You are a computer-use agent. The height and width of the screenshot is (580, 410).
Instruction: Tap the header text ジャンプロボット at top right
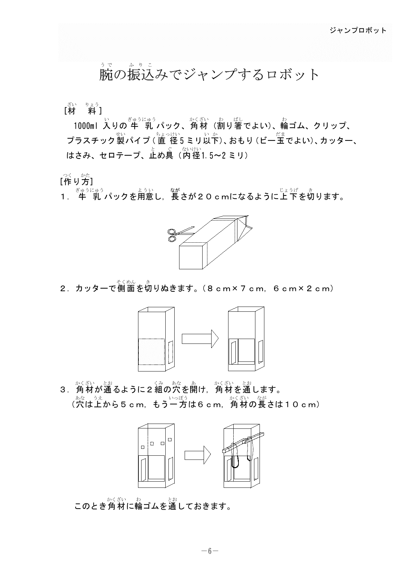tap(358, 30)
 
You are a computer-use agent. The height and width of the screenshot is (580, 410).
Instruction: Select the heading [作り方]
tap(77, 181)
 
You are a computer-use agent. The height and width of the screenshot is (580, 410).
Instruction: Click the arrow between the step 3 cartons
tap(197, 455)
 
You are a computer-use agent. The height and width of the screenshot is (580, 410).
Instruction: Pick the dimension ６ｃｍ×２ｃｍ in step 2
tap(302, 288)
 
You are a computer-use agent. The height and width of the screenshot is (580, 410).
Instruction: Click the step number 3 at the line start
tap(63, 390)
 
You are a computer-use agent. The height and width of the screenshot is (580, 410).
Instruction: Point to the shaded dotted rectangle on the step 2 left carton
tap(151, 351)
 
